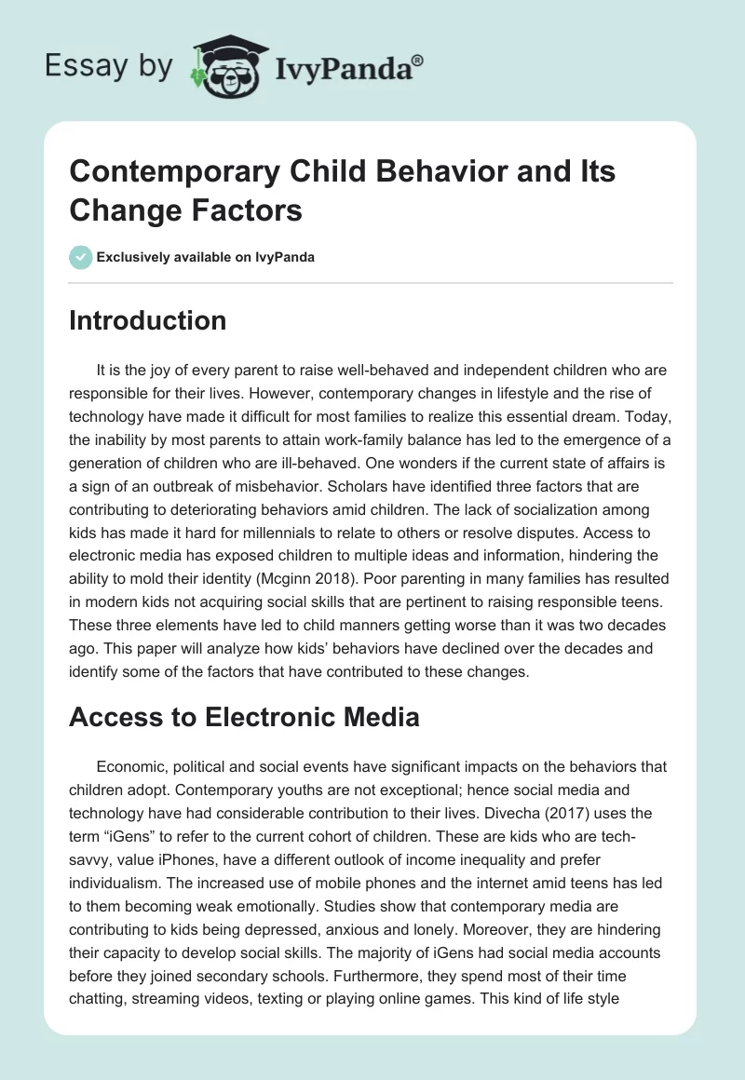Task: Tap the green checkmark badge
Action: click(x=80, y=257)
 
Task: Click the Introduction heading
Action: click(x=148, y=321)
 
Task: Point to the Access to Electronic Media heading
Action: click(x=245, y=718)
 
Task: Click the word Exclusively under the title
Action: click(x=137, y=258)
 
